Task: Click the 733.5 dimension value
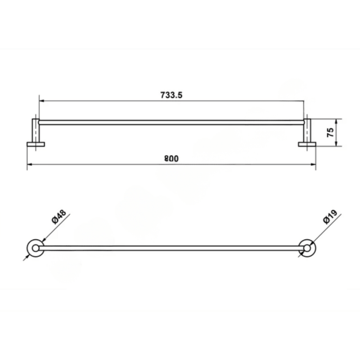pos(171,95)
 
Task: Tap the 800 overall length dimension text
pos(171,158)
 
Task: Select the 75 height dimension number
pos(330,132)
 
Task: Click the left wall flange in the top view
pos(36,144)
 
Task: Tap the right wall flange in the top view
pos(307,144)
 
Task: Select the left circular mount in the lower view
pos(36,247)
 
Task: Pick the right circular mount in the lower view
pos(307,247)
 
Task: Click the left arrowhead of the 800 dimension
pos(29,164)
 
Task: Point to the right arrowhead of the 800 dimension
pos(314,164)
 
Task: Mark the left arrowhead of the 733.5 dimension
pos(41,101)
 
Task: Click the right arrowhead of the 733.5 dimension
pos(302,101)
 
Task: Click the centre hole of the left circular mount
pos(36,247)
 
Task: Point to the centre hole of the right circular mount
pos(307,247)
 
